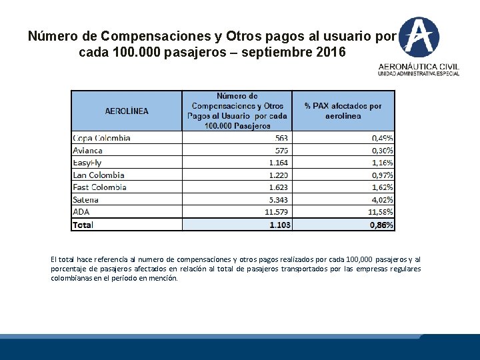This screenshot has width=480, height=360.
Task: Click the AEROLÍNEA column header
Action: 127,111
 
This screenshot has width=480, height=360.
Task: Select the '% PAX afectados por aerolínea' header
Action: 343,111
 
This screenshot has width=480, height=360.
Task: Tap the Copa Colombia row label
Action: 101,138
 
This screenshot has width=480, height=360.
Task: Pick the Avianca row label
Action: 87,151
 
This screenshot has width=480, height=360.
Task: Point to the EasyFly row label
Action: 88,163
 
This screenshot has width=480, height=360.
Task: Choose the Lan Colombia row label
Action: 98,175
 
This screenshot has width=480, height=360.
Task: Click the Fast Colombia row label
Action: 99,187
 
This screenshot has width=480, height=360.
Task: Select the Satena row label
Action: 85,199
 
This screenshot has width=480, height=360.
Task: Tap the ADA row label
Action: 81,212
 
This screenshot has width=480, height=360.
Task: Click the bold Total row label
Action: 83,225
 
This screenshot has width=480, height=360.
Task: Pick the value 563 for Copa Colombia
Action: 281,138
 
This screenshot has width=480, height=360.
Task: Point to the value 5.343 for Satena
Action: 278,199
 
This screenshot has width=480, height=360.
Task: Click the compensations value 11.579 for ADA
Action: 276,212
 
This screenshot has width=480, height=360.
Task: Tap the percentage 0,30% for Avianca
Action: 382,151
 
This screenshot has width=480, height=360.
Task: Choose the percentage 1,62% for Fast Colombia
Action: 382,187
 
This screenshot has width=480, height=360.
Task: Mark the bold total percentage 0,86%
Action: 381,225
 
